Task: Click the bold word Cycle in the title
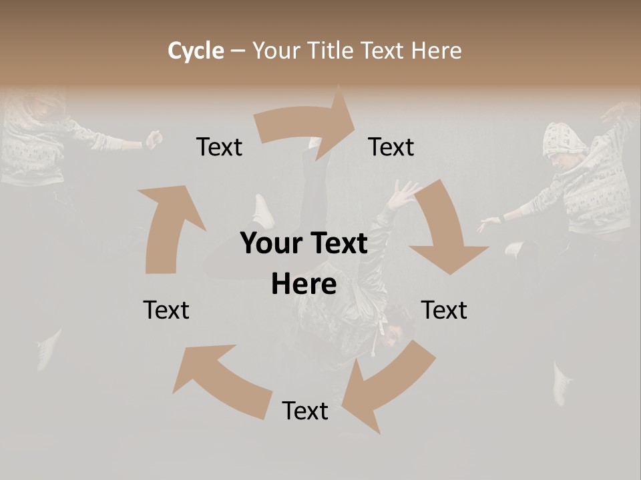coord(196,51)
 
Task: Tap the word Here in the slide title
coord(436,51)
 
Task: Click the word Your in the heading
coord(276,51)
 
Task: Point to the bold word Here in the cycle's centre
coord(304,285)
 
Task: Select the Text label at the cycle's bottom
coord(305,411)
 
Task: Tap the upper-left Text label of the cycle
coord(219,147)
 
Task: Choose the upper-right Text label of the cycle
coord(391,147)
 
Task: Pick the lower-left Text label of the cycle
coord(166,310)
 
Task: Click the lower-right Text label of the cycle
coord(444,310)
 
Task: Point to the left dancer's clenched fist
coord(154,139)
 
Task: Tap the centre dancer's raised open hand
coord(403,195)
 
